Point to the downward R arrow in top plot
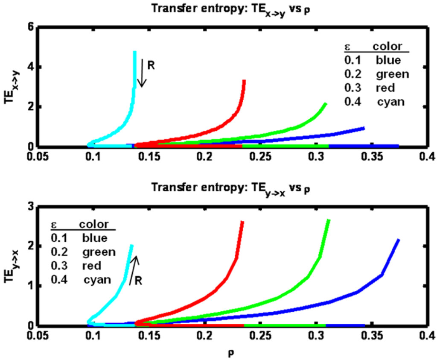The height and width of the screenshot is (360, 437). pyautogui.click(x=143, y=73)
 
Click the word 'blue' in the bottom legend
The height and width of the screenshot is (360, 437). pyautogui.click(x=95, y=237)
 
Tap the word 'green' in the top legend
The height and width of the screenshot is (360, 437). pyautogui.click(x=392, y=74)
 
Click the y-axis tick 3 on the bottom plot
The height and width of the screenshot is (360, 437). pyautogui.click(x=29, y=206)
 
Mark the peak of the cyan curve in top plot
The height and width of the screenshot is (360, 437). pyautogui.click(x=135, y=52)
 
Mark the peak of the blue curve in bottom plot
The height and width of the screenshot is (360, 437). pyautogui.click(x=399, y=240)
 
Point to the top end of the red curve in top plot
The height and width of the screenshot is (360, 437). pyautogui.click(x=244, y=81)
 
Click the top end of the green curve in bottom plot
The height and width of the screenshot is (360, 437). pyautogui.click(x=329, y=220)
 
